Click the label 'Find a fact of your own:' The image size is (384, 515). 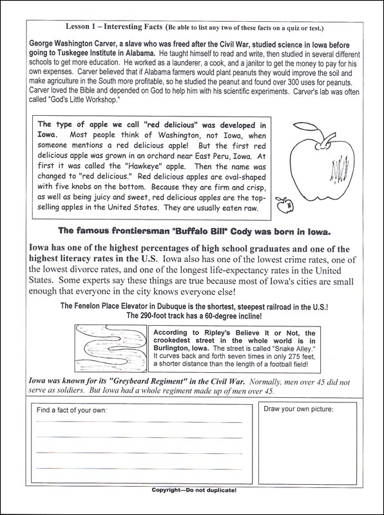click(72, 410)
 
